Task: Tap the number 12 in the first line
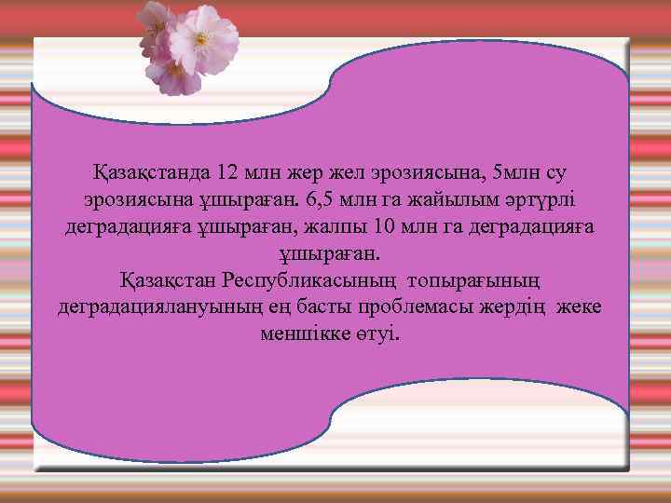pyautogui.click(x=227, y=173)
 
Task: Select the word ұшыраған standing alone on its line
pyautogui.click(x=330, y=253)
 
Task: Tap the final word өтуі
pyautogui.click(x=378, y=333)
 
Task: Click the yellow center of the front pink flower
pyautogui.click(x=201, y=38)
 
